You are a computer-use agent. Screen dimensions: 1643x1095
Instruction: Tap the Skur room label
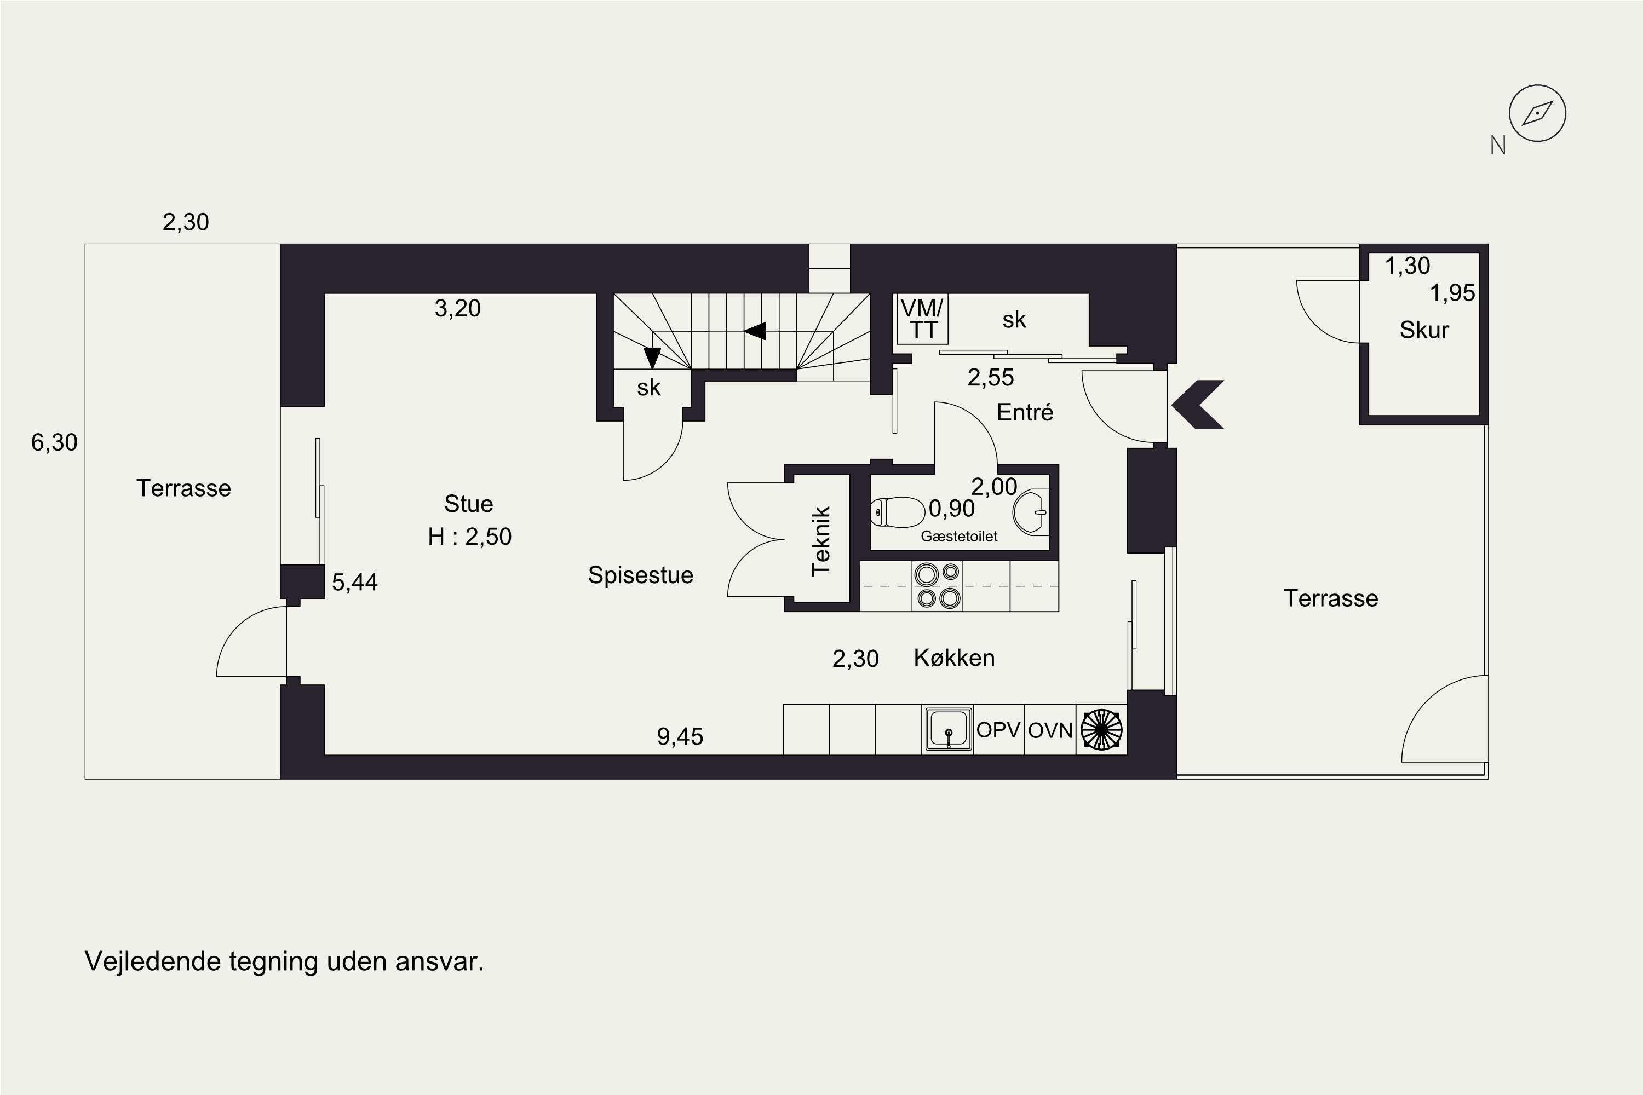(1424, 330)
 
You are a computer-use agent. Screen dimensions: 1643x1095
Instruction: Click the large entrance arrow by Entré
(1197, 405)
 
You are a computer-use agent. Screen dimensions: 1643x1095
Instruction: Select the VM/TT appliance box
(922, 319)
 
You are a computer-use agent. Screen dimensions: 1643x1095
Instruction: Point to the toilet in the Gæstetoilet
(898, 512)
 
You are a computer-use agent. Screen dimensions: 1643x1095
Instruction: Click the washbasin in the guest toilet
(1030, 512)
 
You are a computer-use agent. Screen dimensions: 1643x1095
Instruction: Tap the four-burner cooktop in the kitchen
(938, 586)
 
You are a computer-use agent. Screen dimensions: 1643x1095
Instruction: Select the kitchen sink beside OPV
(948, 730)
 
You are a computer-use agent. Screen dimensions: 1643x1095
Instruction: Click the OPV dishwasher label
(998, 730)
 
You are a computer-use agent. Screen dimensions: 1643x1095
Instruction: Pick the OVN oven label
(1050, 730)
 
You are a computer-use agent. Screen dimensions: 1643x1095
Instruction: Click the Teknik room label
(821, 541)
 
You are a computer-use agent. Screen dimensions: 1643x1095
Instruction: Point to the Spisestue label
(641, 575)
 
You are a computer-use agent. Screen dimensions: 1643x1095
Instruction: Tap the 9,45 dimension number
(680, 737)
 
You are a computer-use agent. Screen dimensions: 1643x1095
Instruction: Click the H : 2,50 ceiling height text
(469, 537)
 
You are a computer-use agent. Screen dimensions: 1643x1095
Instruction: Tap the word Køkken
(954, 658)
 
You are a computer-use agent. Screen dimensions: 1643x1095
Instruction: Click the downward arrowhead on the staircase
(652, 358)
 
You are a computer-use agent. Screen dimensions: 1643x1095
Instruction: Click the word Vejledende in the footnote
(152, 961)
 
